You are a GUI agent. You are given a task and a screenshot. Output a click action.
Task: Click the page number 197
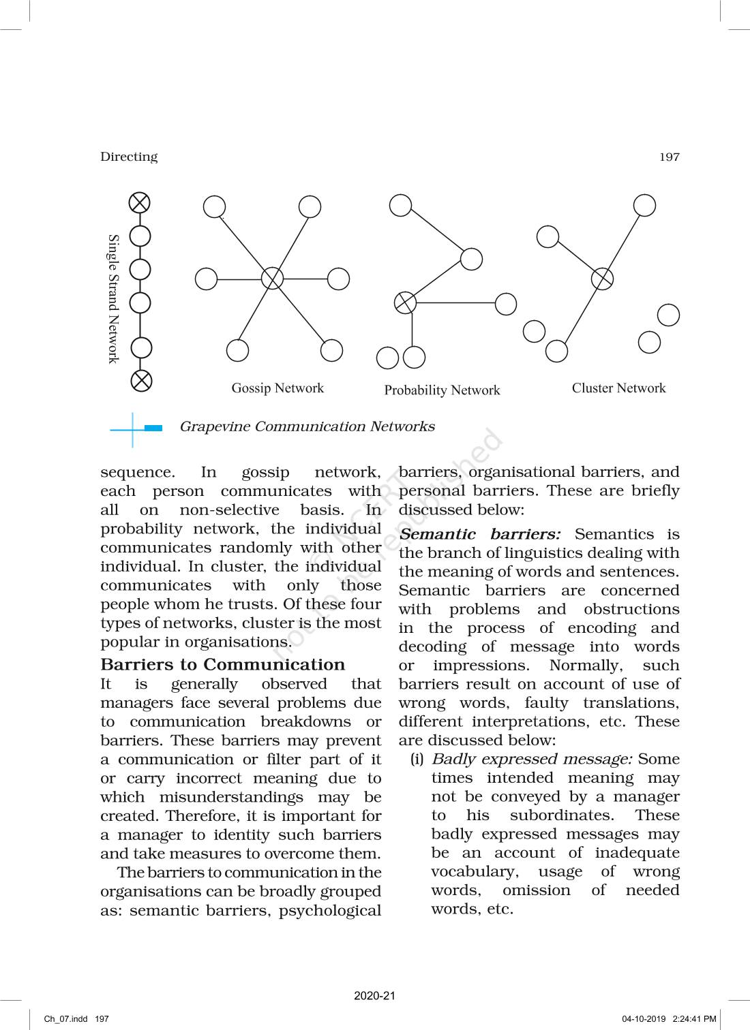click(669, 157)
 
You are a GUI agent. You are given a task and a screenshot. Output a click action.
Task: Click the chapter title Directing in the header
click(129, 157)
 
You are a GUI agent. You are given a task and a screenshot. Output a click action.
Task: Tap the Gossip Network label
click(277, 388)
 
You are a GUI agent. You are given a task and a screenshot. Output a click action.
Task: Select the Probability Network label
click(442, 390)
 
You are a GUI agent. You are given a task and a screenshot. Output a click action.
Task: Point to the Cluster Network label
click(618, 388)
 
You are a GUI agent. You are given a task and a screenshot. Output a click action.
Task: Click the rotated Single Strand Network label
click(113, 299)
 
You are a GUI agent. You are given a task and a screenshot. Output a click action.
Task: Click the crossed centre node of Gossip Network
click(272, 279)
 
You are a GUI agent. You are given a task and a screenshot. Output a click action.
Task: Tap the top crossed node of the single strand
click(140, 202)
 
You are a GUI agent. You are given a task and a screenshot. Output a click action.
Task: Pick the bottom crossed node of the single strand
click(141, 380)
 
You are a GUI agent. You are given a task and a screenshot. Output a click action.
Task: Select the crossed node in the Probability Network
click(406, 302)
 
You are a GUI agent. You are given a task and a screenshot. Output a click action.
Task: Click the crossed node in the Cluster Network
click(601, 278)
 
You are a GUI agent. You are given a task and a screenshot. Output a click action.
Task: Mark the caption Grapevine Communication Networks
click(307, 427)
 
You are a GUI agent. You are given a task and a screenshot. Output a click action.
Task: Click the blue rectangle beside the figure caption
click(153, 428)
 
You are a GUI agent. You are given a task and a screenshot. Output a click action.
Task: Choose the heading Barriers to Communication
click(223, 665)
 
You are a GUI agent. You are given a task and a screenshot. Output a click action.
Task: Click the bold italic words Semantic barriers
click(479, 535)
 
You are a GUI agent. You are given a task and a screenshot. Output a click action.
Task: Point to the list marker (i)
click(417, 759)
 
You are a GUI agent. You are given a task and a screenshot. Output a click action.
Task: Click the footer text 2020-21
click(374, 996)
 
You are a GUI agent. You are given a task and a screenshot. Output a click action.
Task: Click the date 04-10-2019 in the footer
click(644, 1019)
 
